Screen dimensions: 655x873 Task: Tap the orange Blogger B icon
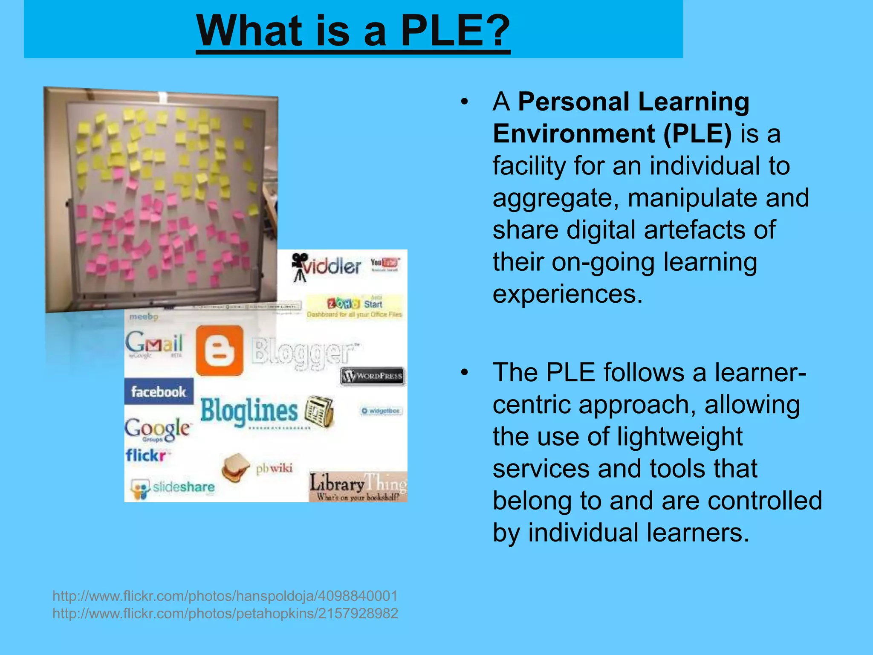coord(220,351)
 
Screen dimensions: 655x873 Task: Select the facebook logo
coord(159,391)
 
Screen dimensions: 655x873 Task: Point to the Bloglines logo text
coord(249,411)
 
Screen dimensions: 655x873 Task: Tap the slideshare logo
coord(173,487)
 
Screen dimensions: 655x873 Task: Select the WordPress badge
coord(373,376)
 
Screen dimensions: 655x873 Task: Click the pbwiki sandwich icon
coord(236,468)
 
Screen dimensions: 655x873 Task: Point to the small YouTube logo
coord(384,264)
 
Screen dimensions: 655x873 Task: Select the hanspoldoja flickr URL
coord(225,596)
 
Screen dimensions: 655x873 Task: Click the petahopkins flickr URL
coord(225,613)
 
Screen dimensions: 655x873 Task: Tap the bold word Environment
coord(573,134)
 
